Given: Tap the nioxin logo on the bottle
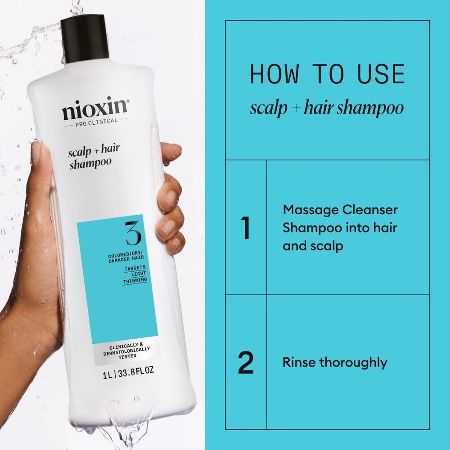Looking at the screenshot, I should [95, 109].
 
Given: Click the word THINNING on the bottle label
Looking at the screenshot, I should [135, 280].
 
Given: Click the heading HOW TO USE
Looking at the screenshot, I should [327, 75].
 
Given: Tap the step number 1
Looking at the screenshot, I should [246, 229].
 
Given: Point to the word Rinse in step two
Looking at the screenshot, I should [298, 362].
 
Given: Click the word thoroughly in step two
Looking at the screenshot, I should [353, 362].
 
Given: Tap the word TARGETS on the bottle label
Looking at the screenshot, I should [135, 268].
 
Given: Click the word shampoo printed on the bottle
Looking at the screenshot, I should [90, 164].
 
